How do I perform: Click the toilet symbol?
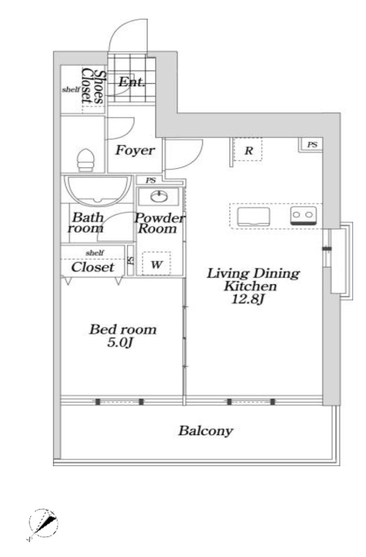click(86, 160)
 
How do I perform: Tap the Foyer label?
click(135, 150)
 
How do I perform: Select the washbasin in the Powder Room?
click(159, 197)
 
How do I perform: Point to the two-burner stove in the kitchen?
click(303, 215)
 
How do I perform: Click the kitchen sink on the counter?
click(253, 216)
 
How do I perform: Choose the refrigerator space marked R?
click(248, 149)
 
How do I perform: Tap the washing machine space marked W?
click(157, 263)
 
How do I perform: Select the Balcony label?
click(206, 430)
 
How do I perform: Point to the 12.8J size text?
click(247, 299)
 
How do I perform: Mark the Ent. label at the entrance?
click(131, 82)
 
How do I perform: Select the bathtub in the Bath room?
click(98, 191)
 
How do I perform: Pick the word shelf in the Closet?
click(95, 253)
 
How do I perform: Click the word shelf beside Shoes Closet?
click(71, 89)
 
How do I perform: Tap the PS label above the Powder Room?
click(151, 180)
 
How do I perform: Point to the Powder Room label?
click(159, 223)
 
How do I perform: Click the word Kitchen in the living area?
click(250, 286)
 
